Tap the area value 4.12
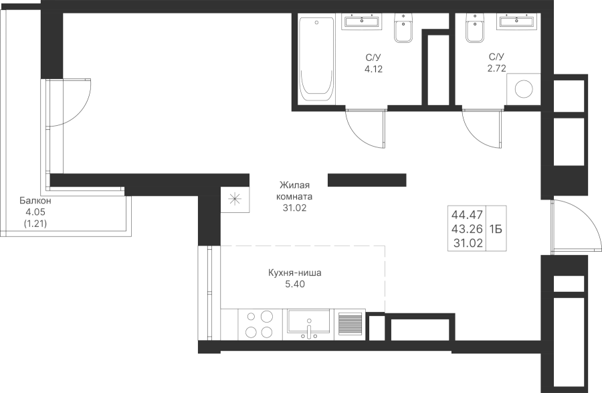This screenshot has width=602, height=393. (373, 69)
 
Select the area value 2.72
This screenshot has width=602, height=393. (496, 68)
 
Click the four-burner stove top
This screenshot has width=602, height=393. (258, 324)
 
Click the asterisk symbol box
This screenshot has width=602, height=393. (235, 198)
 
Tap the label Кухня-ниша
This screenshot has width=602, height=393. (295, 273)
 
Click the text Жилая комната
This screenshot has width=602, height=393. (295, 191)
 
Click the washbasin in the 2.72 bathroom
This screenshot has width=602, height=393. (517, 21)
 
